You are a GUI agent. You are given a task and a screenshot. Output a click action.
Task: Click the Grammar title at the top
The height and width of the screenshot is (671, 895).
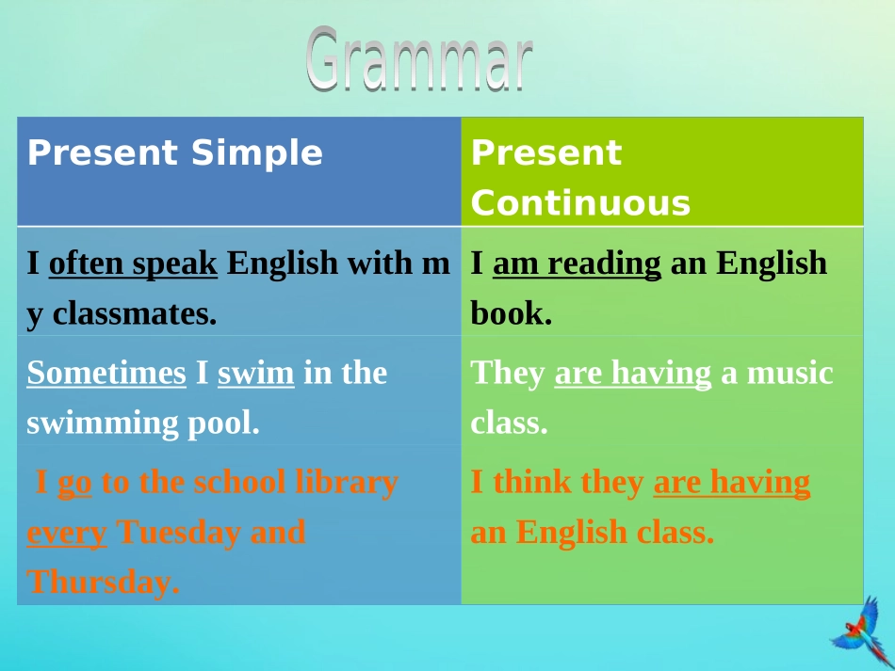click(419, 59)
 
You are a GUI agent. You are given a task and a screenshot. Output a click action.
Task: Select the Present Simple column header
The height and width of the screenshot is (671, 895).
click(174, 152)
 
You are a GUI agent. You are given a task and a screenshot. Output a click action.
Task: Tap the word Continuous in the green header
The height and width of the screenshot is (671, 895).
click(580, 203)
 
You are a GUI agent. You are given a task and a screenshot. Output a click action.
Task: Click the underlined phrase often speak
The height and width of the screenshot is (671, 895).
click(133, 264)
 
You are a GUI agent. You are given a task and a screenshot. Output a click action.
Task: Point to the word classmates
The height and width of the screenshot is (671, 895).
click(135, 313)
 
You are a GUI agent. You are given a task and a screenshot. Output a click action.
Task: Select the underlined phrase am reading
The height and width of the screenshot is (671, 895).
click(578, 264)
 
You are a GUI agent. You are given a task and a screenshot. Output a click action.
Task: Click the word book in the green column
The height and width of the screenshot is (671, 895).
click(512, 313)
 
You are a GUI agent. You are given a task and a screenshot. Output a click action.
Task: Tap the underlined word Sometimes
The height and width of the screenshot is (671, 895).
click(106, 373)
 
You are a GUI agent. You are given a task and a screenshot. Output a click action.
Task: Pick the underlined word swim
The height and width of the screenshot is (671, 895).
click(255, 374)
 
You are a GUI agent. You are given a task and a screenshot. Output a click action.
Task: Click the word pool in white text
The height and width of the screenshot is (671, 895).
click(224, 423)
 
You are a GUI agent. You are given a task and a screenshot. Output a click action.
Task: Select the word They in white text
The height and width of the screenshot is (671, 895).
click(508, 374)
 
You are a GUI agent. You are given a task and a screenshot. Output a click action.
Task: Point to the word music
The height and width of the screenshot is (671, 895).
click(790, 374)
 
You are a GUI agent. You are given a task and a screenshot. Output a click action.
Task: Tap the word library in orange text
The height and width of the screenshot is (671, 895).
click(347, 482)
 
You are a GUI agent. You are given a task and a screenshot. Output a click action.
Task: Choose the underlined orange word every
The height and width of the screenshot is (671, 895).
click(67, 534)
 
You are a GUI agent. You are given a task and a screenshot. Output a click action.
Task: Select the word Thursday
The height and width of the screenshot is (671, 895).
click(104, 582)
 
